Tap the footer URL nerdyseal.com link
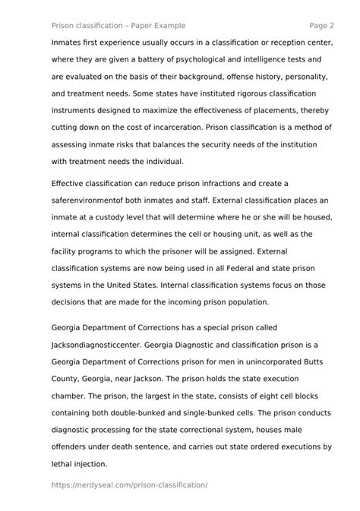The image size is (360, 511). (x=130, y=484)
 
